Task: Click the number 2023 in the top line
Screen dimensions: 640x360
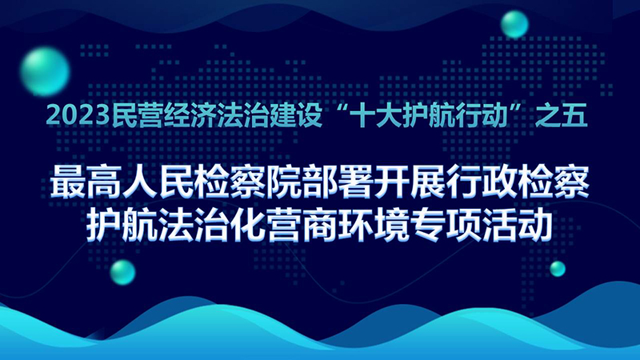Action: (x=78, y=116)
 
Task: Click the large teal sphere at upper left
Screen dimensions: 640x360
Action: (x=45, y=71)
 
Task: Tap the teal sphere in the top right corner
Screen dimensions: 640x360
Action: (x=514, y=24)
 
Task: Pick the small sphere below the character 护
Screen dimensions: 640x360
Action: (x=122, y=272)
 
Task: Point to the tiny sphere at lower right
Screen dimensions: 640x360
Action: (x=558, y=269)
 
